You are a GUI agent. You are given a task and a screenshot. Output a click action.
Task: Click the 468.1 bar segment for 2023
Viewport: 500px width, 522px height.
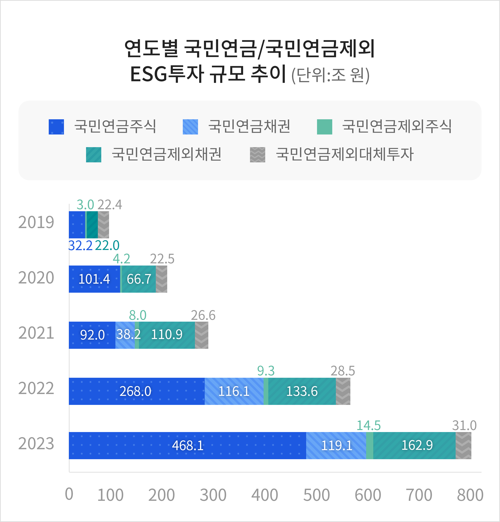tap(187, 446)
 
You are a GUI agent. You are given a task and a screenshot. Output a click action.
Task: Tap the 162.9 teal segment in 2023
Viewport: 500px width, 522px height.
tap(414, 446)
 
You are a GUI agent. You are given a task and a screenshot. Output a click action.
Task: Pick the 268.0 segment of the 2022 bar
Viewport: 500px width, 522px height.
tap(136, 391)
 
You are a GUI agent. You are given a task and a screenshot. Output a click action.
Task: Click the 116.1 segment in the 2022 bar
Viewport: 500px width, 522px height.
tap(234, 391)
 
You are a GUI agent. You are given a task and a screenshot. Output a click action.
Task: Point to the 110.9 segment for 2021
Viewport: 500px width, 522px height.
tap(167, 335)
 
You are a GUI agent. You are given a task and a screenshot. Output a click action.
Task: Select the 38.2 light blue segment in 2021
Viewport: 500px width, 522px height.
tap(125, 335)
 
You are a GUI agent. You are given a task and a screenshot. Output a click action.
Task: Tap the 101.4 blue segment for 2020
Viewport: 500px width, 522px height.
tap(94, 279)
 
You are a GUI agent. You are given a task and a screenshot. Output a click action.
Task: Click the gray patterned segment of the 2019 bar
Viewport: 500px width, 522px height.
tap(103, 225)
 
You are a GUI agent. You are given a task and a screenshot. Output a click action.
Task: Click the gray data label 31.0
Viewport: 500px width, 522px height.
tap(464, 425)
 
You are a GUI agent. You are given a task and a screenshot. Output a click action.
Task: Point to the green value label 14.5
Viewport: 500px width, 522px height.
tap(369, 425)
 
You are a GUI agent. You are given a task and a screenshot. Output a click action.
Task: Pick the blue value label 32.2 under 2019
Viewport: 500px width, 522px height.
tap(80, 245)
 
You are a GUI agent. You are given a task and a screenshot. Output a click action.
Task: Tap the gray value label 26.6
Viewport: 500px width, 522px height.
tap(203, 315)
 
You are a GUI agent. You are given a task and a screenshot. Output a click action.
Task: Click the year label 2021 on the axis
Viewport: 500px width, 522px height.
tap(36, 333)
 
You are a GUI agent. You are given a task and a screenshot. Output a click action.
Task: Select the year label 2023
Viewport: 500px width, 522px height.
tap(36, 444)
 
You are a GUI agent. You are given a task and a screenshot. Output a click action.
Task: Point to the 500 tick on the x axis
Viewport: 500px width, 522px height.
tap(316, 495)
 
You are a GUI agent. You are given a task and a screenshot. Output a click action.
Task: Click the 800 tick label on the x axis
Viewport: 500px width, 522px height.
tap(470, 495)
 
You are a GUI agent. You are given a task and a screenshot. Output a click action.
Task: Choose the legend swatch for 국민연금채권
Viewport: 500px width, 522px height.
tap(190, 127)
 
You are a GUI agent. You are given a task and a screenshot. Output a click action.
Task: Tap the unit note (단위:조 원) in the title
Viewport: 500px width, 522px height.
tap(330, 75)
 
